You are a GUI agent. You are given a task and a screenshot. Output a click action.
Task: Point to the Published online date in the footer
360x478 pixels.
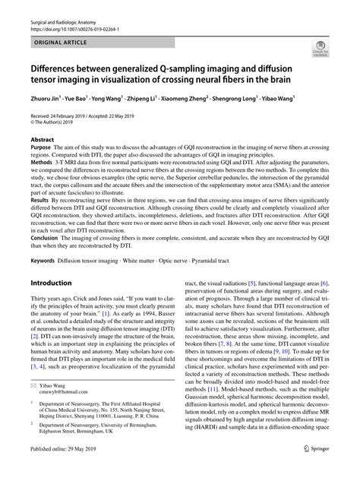coord(71,469)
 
